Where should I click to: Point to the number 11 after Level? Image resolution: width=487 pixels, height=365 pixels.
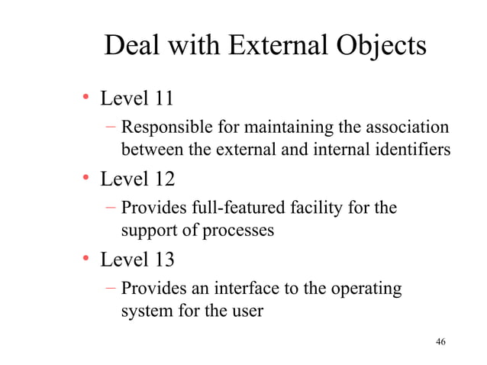point(164,99)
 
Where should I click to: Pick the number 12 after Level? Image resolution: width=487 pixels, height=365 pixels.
point(164,179)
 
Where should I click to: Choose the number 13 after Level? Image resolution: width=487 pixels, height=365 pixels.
point(164,260)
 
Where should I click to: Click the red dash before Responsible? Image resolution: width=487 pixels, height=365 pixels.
point(111,126)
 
